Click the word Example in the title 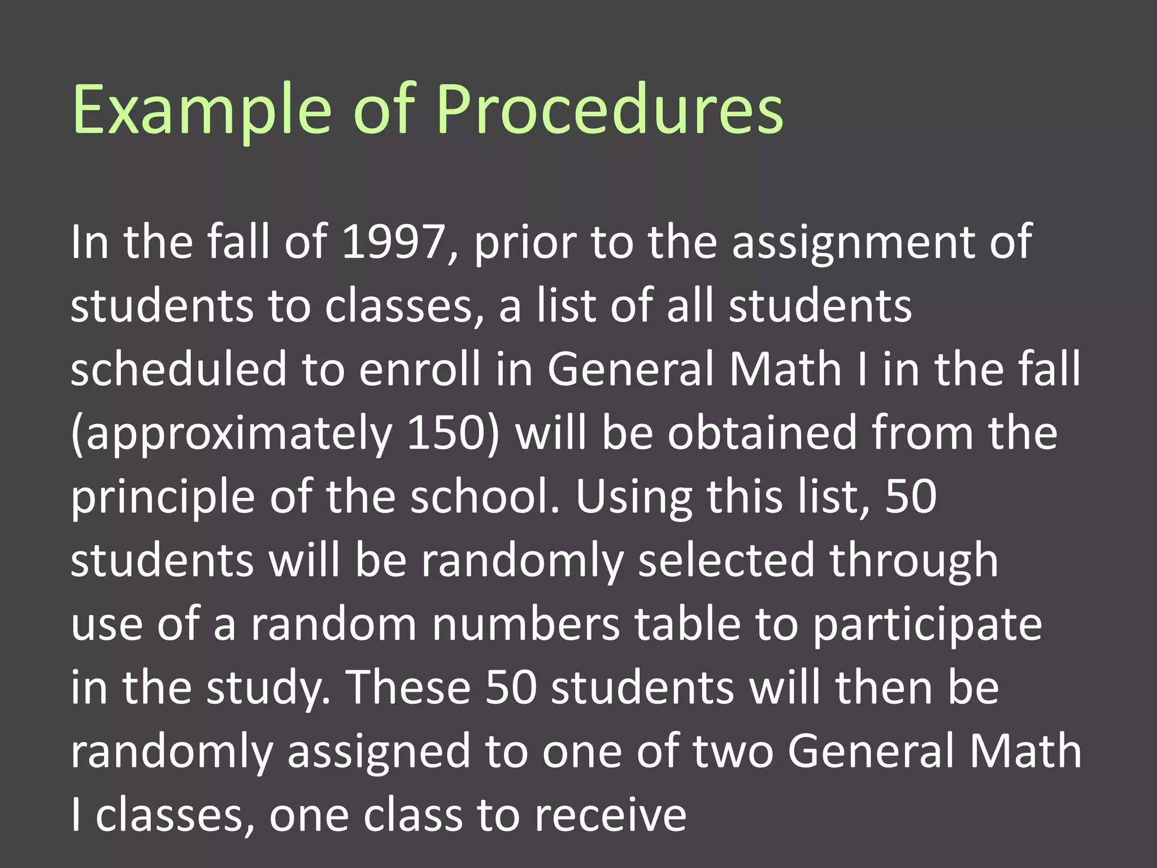201,110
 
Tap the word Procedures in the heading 610,110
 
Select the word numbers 526,624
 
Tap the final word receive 610,815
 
